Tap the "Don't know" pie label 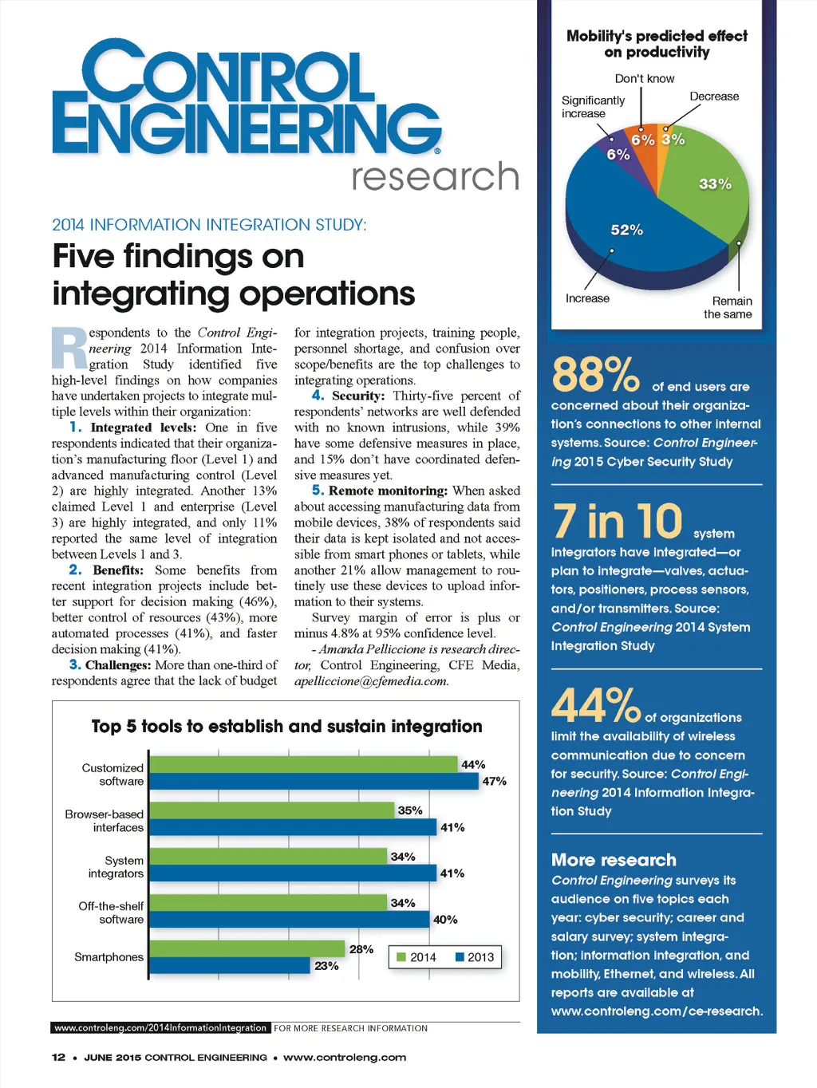(645, 78)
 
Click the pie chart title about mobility (657, 44)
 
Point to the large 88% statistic (595, 374)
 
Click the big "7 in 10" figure (618, 522)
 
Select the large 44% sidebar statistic (595, 705)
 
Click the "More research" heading (614, 860)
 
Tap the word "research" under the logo (435, 177)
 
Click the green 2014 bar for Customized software (303, 764)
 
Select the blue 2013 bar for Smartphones (230, 965)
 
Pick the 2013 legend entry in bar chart (476, 957)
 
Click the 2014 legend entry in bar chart (416, 957)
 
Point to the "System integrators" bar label (116, 867)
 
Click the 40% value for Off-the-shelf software (445, 920)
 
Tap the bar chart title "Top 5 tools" (286, 727)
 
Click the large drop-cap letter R (69, 349)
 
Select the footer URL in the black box (160, 1028)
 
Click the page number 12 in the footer (58, 1058)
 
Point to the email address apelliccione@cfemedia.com (371, 681)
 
